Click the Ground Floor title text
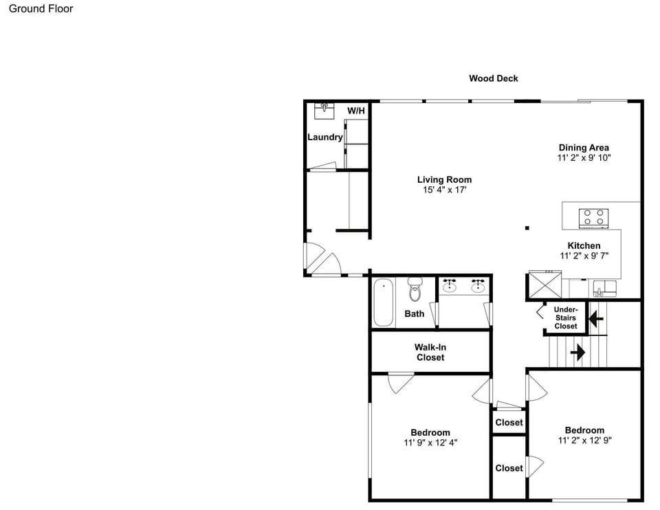pyautogui.click(x=41, y=9)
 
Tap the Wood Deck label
pyautogui.click(x=494, y=78)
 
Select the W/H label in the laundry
pyautogui.click(x=356, y=111)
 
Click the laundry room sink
pyautogui.click(x=324, y=111)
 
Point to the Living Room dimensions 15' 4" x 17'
pyautogui.click(x=445, y=190)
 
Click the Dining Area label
pyautogui.click(x=584, y=148)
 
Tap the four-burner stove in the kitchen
pyautogui.click(x=593, y=218)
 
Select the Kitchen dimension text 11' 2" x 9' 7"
pyautogui.click(x=584, y=256)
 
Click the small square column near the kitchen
pyautogui.click(x=527, y=228)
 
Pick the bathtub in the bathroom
pyautogui.click(x=384, y=302)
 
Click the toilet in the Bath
pyautogui.click(x=415, y=289)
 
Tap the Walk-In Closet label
pyautogui.click(x=430, y=352)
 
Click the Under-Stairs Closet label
pyautogui.click(x=566, y=318)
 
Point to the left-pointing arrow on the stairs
pyautogui.click(x=596, y=319)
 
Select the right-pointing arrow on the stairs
pyautogui.click(x=578, y=352)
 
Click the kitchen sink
pyautogui.click(x=604, y=288)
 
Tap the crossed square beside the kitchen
pyautogui.click(x=544, y=285)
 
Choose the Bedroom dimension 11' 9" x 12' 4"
pyautogui.click(x=430, y=443)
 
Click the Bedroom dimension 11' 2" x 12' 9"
pyautogui.click(x=584, y=441)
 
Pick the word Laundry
pyautogui.click(x=325, y=137)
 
